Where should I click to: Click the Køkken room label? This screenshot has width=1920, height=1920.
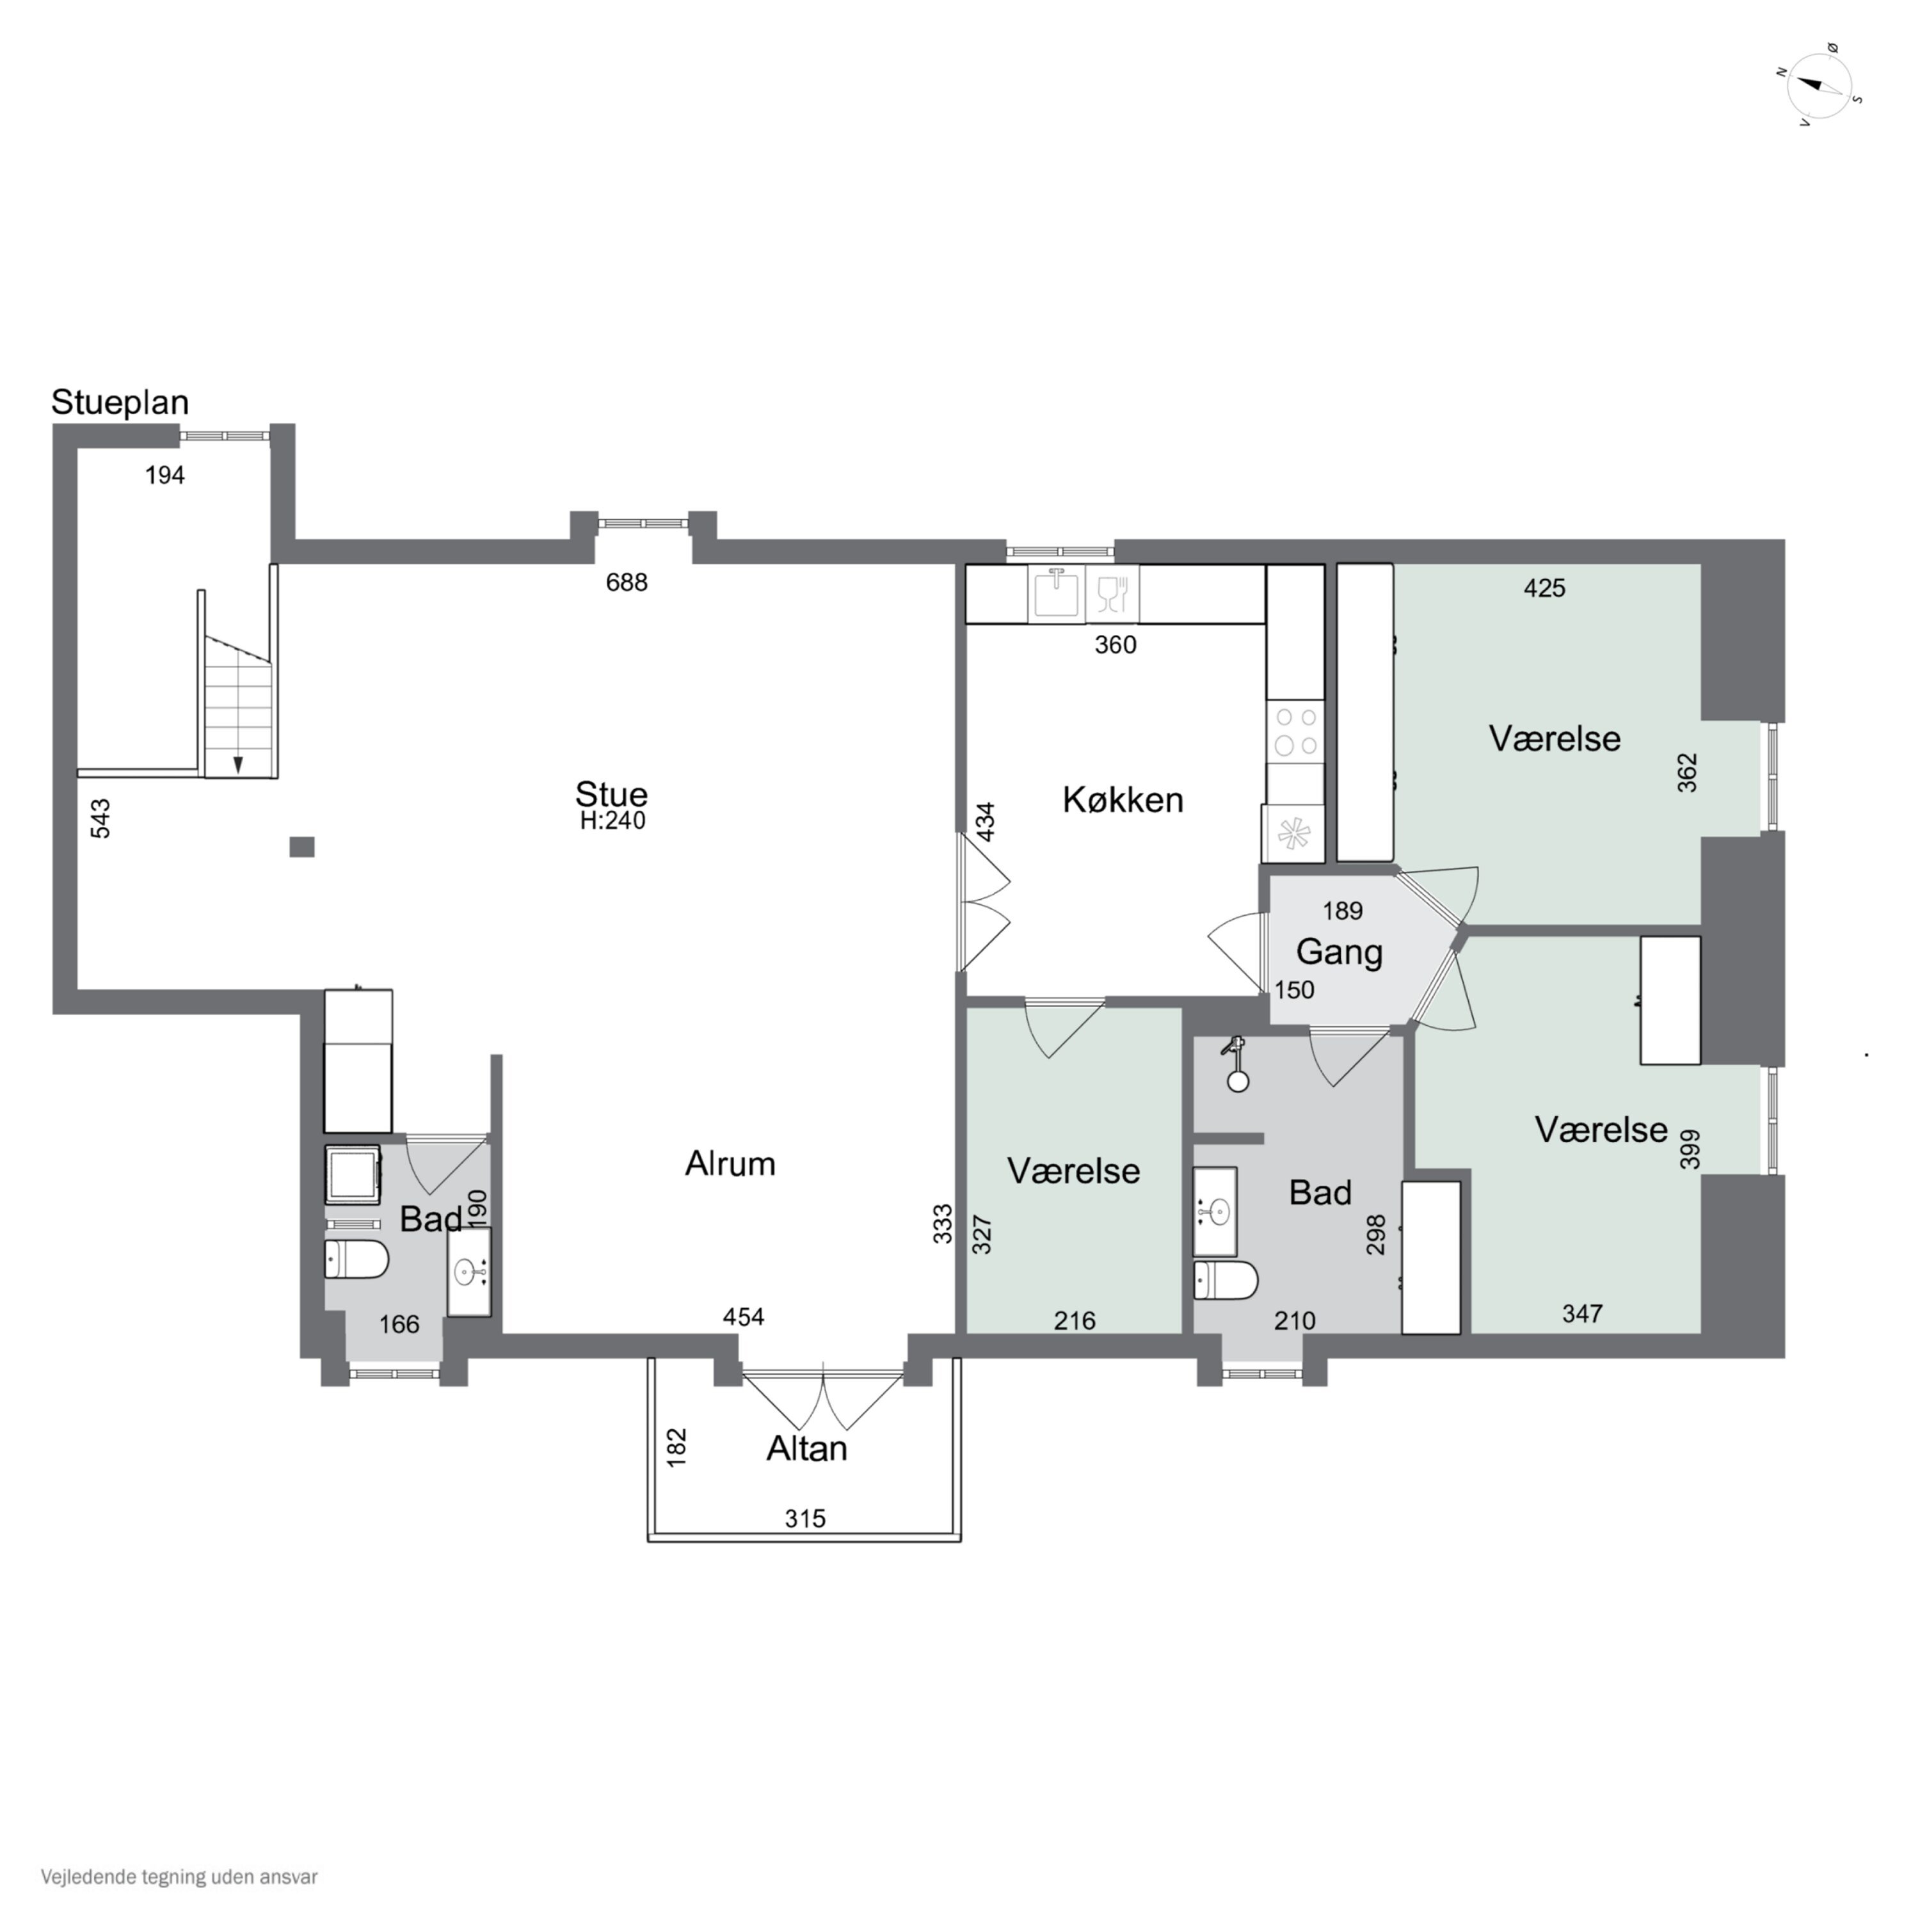tap(1123, 800)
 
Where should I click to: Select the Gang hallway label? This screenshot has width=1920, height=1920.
tap(1339, 952)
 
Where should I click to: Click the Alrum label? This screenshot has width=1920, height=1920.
tap(730, 1164)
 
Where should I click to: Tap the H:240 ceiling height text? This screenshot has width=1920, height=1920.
tap(612, 821)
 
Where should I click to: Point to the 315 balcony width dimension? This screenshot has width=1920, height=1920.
tap(805, 1519)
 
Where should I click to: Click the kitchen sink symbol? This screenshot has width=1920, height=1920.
tap(1057, 593)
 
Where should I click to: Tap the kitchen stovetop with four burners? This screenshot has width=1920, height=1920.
tap(1295, 732)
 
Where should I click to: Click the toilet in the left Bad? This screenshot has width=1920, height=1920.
tap(356, 1259)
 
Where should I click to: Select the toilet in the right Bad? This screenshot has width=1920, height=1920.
tap(1226, 1280)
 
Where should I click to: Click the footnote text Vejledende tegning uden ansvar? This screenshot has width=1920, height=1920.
tap(179, 1877)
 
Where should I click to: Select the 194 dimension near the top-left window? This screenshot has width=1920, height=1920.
tap(165, 476)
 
